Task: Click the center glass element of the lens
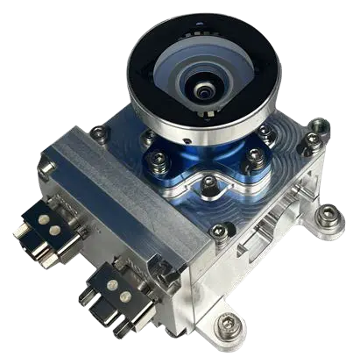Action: [x=202, y=89]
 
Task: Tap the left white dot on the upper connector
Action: [x=43, y=224]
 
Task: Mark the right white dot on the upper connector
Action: [x=55, y=231]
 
